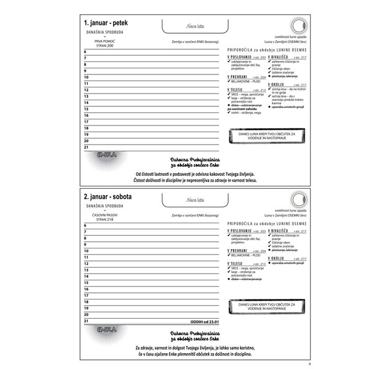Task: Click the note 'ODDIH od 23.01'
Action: (204, 320)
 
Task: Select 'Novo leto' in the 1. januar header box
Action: (195, 26)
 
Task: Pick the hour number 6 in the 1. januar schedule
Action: (85, 52)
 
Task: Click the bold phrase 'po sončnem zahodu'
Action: (246, 109)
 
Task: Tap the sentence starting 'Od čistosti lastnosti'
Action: (196, 173)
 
